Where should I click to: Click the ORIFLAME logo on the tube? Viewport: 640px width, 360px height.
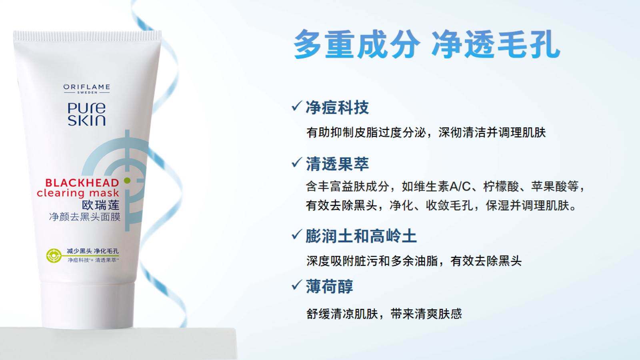tap(86, 88)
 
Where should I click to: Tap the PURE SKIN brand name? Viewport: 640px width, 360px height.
tap(86, 114)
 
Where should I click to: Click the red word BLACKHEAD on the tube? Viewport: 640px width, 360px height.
tap(82, 183)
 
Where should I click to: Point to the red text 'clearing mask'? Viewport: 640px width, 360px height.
tap(78, 193)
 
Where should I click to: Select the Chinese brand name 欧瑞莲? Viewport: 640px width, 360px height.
tap(100, 205)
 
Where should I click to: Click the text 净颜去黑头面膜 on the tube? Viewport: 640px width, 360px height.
tap(84, 217)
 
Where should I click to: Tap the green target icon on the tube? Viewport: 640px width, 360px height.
tap(54, 255)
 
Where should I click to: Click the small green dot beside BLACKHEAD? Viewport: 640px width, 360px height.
tap(128, 180)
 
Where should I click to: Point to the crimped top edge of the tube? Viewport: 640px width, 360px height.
tap(87, 36)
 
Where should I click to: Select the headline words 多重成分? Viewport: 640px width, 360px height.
tap(356, 44)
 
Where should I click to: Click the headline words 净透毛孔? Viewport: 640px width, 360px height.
tap(496, 44)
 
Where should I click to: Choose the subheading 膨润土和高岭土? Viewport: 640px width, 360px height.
tap(361, 236)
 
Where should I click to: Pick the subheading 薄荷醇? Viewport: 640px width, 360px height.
tap(330, 286)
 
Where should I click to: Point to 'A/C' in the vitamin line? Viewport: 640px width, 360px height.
tap(460, 186)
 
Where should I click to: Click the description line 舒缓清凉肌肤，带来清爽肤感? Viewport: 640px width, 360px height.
tap(384, 314)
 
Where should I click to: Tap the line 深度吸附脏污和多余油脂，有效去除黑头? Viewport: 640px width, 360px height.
tap(414, 261)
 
